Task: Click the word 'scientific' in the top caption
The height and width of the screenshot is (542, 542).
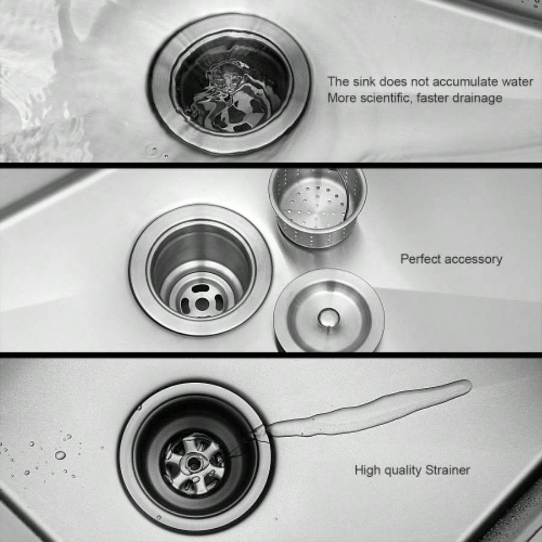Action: pos(385,98)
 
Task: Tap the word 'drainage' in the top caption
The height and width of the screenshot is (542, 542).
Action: pos(476,98)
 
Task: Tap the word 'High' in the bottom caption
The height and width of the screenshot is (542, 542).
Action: pos(367,470)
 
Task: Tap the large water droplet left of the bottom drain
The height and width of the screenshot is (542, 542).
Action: pos(60,455)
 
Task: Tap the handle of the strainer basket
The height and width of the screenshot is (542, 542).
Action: pos(344,192)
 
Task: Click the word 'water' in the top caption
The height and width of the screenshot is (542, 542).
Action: pos(517,81)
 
